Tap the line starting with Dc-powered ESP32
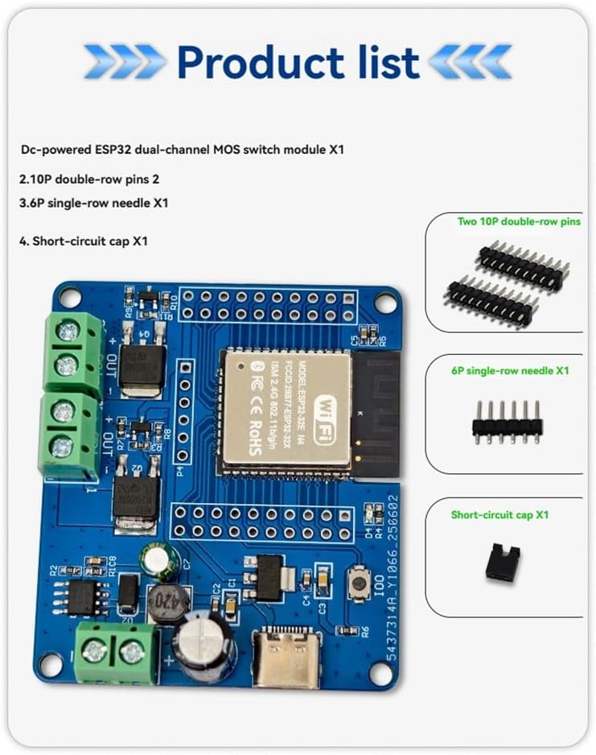click(184, 150)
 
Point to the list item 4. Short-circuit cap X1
click(84, 240)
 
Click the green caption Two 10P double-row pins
click(518, 221)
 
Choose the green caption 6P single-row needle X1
click(510, 371)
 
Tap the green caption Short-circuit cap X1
click(499, 514)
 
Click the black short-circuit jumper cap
click(502, 563)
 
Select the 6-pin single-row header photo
click(508, 420)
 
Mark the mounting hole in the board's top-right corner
click(385, 303)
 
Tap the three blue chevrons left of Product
click(125, 62)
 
